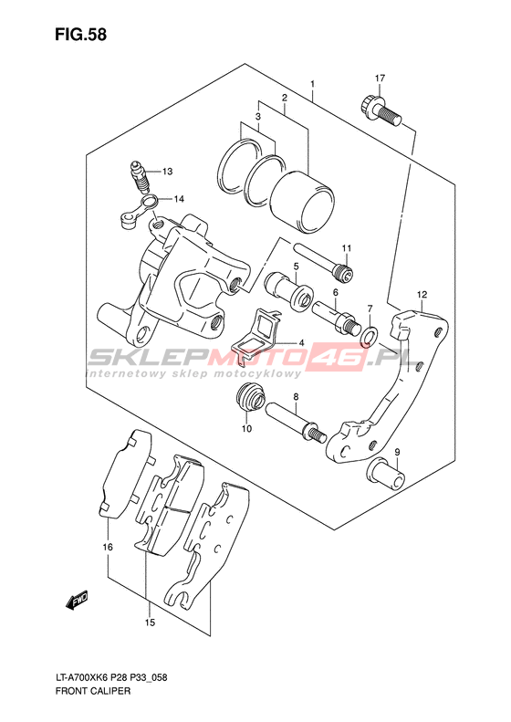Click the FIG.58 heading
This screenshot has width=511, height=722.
80,35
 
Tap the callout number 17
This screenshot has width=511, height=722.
380,78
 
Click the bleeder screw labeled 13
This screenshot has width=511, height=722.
140,178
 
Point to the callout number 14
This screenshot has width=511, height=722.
179,199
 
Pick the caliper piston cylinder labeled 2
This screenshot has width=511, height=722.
301,202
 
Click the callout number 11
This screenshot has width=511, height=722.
346,248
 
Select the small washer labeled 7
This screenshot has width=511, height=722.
370,336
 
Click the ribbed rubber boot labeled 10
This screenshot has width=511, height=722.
250,397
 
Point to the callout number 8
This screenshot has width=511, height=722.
296,396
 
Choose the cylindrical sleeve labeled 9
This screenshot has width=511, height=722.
387,474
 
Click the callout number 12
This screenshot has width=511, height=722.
422,294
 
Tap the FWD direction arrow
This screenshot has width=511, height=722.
77,600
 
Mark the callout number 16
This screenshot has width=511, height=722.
108,548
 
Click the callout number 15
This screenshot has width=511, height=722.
150,623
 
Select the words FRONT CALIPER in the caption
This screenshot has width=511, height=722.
92,691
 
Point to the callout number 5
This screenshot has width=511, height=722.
297,267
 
